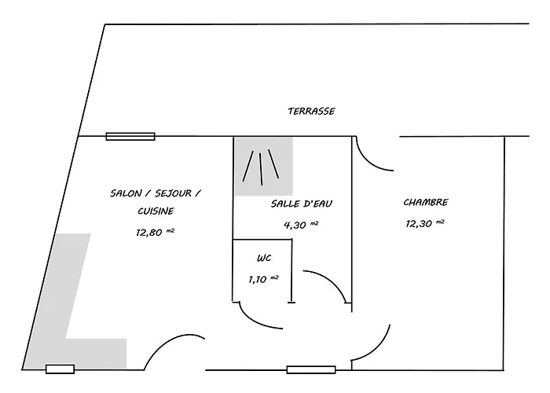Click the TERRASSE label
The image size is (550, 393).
(311, 112)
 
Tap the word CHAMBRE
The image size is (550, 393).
(426, 202)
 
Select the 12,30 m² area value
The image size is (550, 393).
(425, 223)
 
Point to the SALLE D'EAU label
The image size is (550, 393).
(301, 204)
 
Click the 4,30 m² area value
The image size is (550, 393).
(301, 225)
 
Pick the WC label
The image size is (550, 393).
(264, 259)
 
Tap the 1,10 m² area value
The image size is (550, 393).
(263, 279)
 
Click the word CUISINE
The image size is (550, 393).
(156, 211)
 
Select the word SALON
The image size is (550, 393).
(126, 193)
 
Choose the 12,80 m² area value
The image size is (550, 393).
(155, 232)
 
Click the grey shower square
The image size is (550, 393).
(264, 167)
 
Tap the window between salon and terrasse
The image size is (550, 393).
(130, 136)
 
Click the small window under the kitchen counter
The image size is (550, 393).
(60, 369)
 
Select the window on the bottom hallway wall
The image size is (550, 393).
(311, 369)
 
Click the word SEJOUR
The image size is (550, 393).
(174, 193)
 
